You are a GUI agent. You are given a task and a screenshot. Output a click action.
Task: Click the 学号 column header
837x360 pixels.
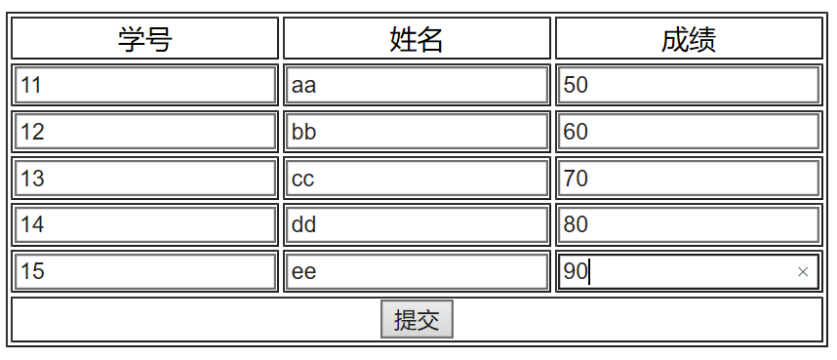click(145, 39)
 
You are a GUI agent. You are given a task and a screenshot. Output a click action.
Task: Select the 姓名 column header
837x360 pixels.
click(417, 39)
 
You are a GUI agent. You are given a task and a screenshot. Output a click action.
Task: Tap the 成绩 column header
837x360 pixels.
click(689, 39)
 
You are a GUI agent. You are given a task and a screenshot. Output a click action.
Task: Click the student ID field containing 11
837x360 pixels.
click(145, 85)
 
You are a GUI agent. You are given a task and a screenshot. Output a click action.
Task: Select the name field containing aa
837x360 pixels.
click(417, 85)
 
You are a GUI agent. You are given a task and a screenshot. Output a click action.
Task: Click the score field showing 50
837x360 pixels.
click(688, 85)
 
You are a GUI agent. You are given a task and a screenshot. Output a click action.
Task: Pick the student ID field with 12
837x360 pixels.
click(145, 132)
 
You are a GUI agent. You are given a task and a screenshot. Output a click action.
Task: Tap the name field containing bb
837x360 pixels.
click(417, 132)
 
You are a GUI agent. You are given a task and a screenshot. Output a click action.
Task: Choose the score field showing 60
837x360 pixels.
click(688, 132)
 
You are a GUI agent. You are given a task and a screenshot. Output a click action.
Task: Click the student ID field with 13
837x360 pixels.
click(145, 179)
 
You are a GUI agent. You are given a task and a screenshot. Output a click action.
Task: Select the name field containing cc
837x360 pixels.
click(417, 179)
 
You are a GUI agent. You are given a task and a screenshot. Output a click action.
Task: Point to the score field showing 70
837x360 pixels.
click(688, 179)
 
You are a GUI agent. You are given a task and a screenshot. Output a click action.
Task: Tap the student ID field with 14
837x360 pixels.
click(145, 225)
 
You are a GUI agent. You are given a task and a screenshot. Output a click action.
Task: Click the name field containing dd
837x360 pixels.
click(417, 225)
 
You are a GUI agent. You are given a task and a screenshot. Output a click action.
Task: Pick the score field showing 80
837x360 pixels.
click(688, 225)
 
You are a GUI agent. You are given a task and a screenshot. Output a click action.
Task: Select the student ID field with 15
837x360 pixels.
click(145, 271)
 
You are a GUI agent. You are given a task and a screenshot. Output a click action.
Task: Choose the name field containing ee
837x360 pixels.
click(417, 271)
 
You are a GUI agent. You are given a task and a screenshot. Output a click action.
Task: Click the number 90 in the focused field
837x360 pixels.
click(576, 272)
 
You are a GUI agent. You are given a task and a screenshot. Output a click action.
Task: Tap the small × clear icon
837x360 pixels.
click(803, 272)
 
